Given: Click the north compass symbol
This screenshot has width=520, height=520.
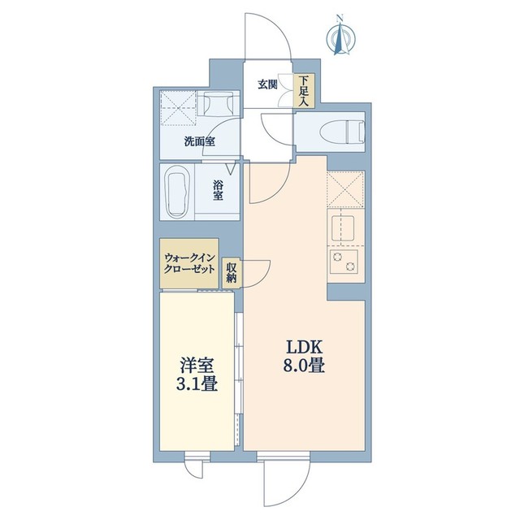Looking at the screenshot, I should click(340, 36).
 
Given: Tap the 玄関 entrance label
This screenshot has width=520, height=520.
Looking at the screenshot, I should click(268, 84).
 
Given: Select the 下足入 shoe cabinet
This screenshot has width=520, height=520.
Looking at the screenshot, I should click(303, 91).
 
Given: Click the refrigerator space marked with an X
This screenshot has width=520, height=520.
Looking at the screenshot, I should click(347, 188).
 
